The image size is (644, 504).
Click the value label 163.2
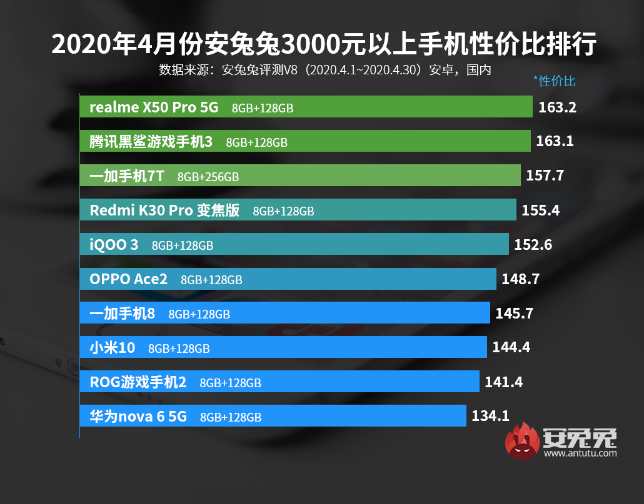click(x=557, y=107)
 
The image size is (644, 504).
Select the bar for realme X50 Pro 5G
click(x=306, y=107)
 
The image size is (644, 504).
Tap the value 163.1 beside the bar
click(x=555, y=142)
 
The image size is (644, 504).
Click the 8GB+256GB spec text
click(x=208, y=177)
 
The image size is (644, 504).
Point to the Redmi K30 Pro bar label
click(x=164, y=210)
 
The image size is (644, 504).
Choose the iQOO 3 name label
click(x=114, y=245)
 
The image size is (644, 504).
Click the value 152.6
click(x=533, y=245)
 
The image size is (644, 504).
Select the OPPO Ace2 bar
click(x=288, y=279)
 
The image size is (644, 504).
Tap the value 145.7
click(x=514, y=314)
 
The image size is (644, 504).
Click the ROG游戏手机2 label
click(x=138, y=382)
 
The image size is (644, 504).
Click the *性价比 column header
click(x=554, y=81)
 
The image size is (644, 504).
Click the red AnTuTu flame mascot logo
click(x=523, y=442)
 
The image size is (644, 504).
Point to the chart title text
click(x=323, y=45)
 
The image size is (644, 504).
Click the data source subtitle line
click(x=325, y=69)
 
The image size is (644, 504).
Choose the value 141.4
click(x=503, y=382)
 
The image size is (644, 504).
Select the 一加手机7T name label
click(x=127, y=177)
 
